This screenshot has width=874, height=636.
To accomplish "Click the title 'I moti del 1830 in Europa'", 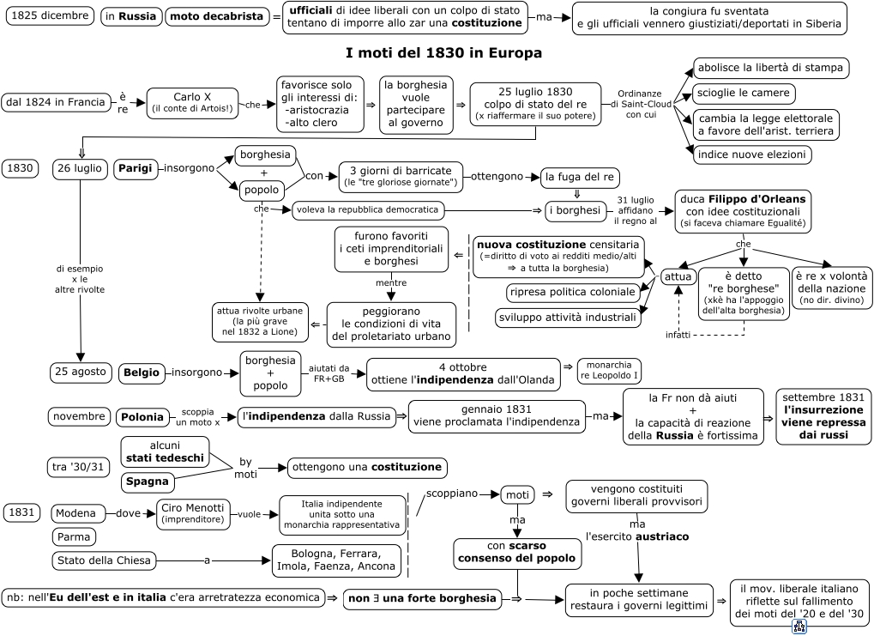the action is [443, 53].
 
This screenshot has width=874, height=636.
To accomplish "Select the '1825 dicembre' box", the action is [50, 15].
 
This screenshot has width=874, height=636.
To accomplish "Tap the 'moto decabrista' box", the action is [216, 17].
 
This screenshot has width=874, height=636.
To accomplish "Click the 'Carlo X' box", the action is [192, 103].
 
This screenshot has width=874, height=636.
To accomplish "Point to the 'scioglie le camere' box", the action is [744, 94].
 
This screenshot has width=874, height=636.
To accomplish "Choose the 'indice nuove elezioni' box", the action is [752, 154].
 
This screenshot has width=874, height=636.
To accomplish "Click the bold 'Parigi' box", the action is [135, 168].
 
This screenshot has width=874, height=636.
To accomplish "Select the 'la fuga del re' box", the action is [580, 178].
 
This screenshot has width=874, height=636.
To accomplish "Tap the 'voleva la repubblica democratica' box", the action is [368, 210].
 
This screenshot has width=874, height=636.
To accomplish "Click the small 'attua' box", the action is [678, 276].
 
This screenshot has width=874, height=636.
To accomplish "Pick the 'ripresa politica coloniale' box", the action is [572, 293].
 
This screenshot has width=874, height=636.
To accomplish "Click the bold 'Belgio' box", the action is [142, 373].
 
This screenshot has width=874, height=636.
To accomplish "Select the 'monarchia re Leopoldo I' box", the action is [609, 371].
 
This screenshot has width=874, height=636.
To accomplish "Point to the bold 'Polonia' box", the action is [142, 417].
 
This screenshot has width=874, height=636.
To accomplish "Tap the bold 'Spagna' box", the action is [148, 482].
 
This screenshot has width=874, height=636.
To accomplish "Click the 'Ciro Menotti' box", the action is [192, 514].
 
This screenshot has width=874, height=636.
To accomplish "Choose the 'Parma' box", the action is [74, 537].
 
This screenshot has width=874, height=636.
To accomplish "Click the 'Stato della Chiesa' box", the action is [105, 560].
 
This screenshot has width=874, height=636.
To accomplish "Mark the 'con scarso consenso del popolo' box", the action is [516, 553].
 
